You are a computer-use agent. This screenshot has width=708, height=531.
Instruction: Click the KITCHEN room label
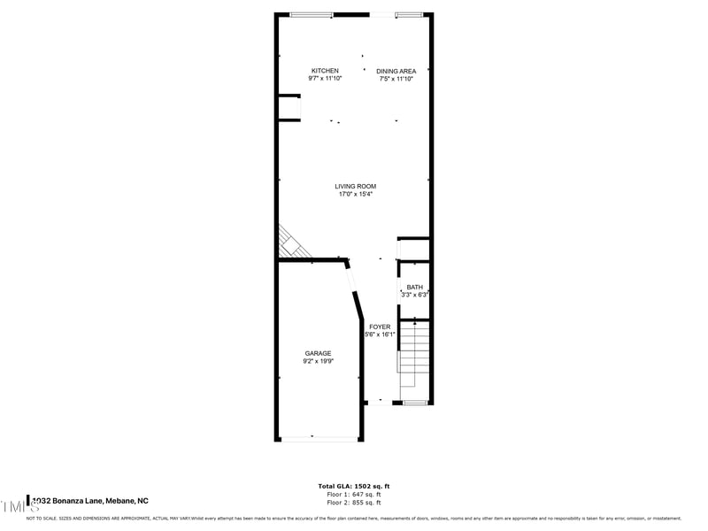325,71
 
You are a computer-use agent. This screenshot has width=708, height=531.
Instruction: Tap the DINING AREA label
396,71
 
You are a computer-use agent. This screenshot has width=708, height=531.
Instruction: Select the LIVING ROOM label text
356,187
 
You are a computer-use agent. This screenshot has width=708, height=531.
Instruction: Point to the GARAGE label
318,353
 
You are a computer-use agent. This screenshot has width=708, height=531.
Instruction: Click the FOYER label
380,327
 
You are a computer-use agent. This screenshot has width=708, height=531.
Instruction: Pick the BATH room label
414,287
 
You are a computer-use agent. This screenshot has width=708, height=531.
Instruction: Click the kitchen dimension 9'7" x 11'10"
325,79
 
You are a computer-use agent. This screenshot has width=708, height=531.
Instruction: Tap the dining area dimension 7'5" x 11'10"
396,79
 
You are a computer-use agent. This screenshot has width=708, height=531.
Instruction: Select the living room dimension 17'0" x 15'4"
356,195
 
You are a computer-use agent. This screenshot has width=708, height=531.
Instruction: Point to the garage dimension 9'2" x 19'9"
318,361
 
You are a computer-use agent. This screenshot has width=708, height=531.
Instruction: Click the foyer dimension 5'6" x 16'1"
379,335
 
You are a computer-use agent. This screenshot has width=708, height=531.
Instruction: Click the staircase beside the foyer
414,358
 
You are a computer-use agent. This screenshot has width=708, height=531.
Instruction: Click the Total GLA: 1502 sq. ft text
354,486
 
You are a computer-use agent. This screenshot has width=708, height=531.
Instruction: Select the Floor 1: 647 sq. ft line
354,494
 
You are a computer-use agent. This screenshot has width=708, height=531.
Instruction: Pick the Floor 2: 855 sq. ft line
354,502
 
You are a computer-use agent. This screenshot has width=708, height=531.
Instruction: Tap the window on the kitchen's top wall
312,14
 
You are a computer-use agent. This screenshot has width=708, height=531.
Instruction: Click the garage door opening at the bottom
319,438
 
